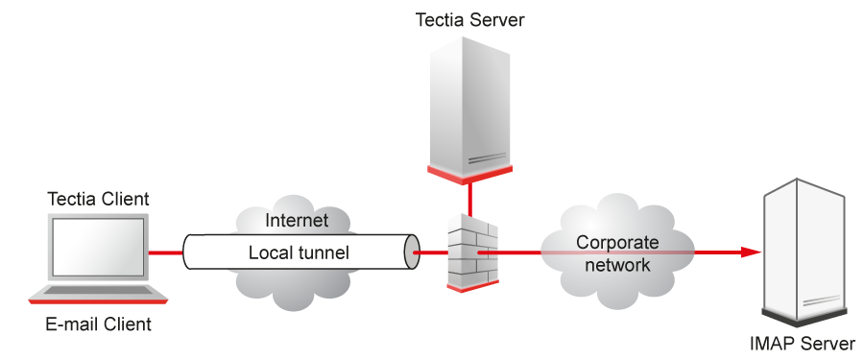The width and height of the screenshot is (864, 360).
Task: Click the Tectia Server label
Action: click(469, 19)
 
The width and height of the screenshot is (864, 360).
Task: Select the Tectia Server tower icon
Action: click(469, 106)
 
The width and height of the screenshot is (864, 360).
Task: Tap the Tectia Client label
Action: click(98, 199)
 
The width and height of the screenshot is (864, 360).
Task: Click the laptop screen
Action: click(99, 248)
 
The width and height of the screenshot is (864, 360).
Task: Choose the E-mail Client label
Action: click(98, 324)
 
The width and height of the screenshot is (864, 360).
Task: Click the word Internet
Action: click(296, 221)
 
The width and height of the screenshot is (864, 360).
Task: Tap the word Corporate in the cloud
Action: click(617, 243)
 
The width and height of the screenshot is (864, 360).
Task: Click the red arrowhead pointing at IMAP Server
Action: click(751, 253)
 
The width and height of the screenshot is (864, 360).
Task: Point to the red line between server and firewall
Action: click(470, 200)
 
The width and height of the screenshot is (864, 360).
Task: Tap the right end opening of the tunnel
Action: click(414, 253)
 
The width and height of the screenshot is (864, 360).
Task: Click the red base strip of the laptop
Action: click(98, 301)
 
